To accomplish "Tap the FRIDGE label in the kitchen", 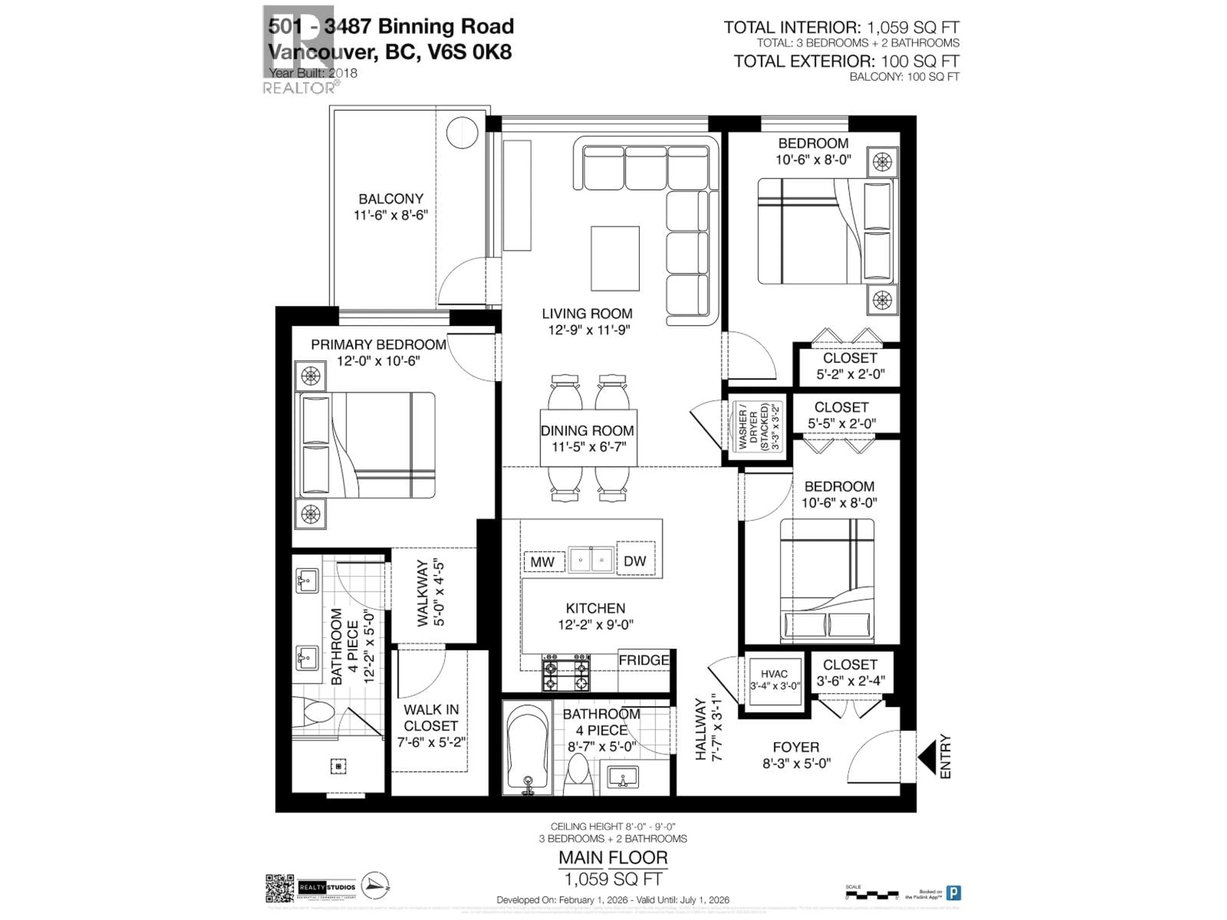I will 644,660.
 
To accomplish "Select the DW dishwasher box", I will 635,561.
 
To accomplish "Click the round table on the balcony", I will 462,133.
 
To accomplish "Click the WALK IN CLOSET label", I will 431,717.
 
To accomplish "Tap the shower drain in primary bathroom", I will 338,766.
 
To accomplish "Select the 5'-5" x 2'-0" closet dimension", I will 841,424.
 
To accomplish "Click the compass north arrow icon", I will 375,885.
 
